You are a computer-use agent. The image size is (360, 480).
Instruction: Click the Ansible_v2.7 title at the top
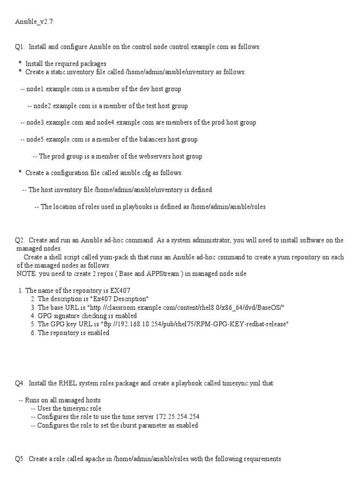(35, 22)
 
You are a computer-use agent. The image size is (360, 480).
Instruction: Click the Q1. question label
(20, 47)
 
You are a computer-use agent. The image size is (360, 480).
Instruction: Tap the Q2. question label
(20, 240)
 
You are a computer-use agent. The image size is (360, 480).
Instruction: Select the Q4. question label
(20, 383)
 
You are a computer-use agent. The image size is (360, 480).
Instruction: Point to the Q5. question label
(20, 459)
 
